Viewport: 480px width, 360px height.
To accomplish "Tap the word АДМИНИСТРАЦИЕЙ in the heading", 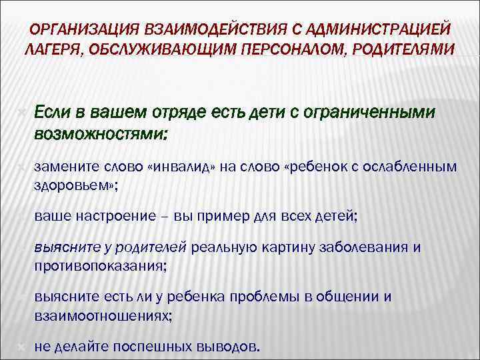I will tap(388, 29).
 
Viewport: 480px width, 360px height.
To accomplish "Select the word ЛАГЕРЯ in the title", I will tap(53, 50).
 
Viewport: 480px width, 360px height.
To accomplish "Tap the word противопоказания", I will tap(100, 266).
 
